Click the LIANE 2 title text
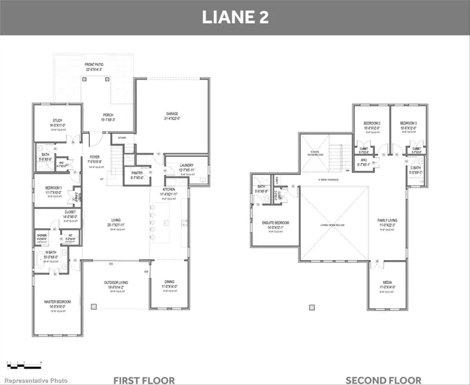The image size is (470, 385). (x=235, y=17)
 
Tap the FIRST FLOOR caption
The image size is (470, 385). (x=144, y=380)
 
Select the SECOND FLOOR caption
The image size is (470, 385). (x=383, y=380)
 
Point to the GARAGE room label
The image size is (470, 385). (x=172, y=114)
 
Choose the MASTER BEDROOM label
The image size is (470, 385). (x=57, y=302)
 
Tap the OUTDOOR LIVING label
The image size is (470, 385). (x=116, y=283)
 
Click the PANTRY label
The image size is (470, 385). (x=136, y=173)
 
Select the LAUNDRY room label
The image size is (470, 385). (x=186, y=166)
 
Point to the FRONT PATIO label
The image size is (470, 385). (x=94, y=65)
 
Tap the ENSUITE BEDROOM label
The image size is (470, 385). (x=275, y=223)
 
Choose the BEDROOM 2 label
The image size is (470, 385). (x=372, y=123)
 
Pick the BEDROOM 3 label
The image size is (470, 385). (x=408, y=123)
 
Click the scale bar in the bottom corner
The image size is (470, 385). (x=23, y=363)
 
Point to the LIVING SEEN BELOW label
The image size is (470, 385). (x=332, y=225)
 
